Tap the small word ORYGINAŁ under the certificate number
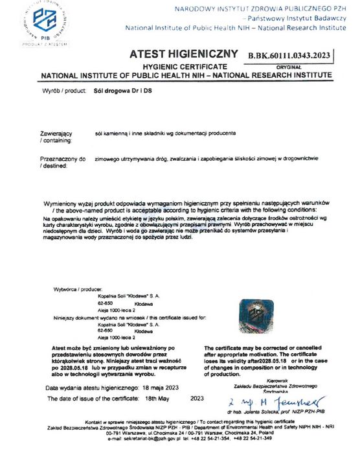(x=289, y=67)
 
